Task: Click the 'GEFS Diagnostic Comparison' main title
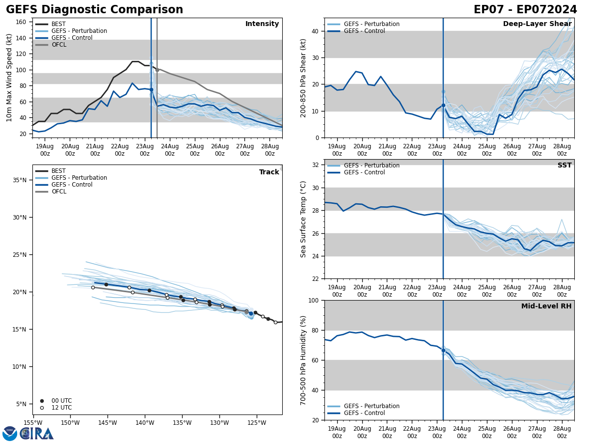(x=94, y=10)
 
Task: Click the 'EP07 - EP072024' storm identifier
(x=525, y=10)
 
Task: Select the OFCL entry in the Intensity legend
(x=59, y=45)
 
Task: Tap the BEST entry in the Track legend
(x=58, y=171)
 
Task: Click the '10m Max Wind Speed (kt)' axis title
(x=9, y=78)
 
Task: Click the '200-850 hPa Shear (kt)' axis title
(x=304, y=78)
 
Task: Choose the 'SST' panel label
(x=564, y=166)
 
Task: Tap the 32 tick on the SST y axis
(x=317, y=165)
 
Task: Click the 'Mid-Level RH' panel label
(x=546, y=306)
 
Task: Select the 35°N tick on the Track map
(x=20, y=180)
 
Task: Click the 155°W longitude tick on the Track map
(x=33, y=423)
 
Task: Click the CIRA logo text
(x=36, y=433)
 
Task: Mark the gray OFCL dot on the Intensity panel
(x=157, y=70)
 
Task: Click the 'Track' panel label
(x=269, y=172)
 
